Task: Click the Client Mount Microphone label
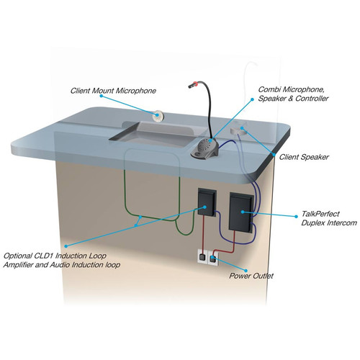click(x=113, y=91)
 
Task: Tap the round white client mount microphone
click(x=158, y=115)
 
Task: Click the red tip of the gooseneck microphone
click(x=196, y=84)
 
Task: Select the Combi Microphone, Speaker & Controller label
click(x=293, y=94)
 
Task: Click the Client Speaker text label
click(x=304, y=157)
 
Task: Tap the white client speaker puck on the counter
click(x=238, y=130)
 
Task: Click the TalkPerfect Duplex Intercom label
click(x=329, y=218)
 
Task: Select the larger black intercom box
click(x=241, y=212)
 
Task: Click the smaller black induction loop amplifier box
click(x=207, y=202)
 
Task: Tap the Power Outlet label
click(x=251, y=276)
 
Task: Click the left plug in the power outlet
click(x=202, y=258)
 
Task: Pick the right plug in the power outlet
click(x=212, y=258)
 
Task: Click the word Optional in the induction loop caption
click(x=18, y=256)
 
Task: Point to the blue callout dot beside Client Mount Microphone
click(x=102, y=96)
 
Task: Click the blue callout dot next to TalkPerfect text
click(x=296, y=216)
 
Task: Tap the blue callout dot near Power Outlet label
click(x=246, y=271)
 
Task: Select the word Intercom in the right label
click(x=342, y=223)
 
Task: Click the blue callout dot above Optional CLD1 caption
click(x=66, y=246)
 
